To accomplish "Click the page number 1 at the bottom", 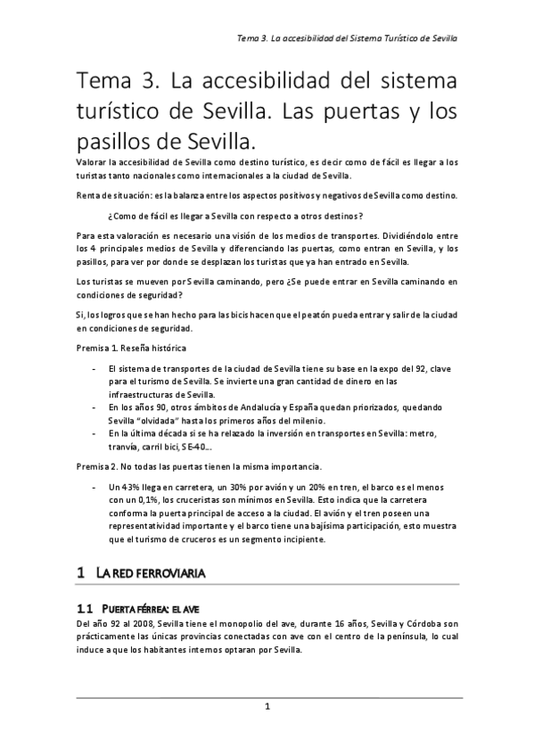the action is point(267,707).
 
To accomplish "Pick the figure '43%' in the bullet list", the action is point(131,488).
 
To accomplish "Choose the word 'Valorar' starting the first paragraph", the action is point(93,162).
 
